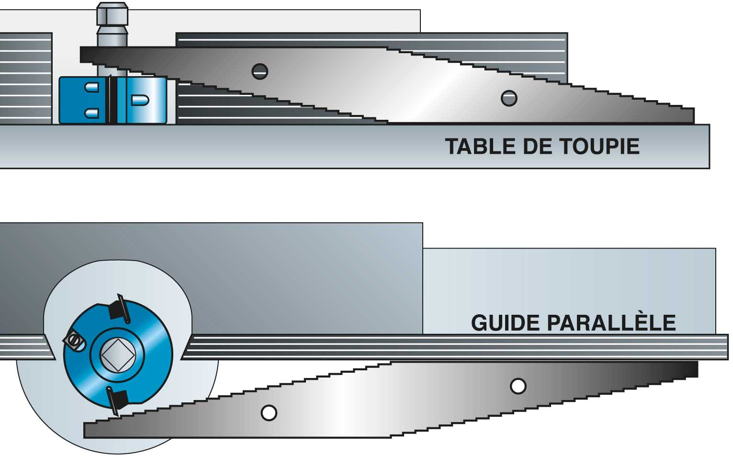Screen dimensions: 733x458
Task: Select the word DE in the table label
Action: [537, 146]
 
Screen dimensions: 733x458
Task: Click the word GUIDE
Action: [506, 323]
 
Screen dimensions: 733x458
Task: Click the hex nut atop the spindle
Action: [112, 14]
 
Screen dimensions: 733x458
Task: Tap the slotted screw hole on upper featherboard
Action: [260, 71]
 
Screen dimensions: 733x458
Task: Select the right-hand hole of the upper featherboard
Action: [509, 98]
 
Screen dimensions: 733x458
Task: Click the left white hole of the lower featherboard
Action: [269, 413]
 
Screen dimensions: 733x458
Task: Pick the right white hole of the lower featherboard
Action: [518, 386]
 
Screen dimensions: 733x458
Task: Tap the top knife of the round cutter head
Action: [119, 308]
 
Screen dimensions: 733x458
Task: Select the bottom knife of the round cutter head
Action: [117, 401]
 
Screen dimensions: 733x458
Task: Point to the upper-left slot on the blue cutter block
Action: [91, 87]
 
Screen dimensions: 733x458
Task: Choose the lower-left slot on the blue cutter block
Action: [91, 113]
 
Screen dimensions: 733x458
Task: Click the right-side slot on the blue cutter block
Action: [140, 100]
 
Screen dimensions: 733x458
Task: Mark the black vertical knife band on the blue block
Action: [112, 100]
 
